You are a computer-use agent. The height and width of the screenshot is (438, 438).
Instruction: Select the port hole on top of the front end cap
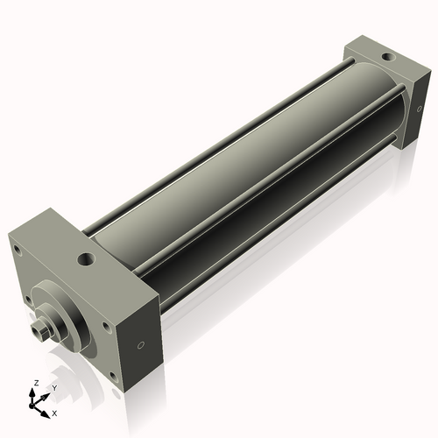[87, 260]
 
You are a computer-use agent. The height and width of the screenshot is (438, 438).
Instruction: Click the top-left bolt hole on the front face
[17, 248]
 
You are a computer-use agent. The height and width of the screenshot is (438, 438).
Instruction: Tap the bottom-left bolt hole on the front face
[30, 300]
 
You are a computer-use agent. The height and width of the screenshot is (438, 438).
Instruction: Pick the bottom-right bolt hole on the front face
[107, 327]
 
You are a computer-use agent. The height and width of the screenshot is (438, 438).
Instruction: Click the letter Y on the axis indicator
[54, 386]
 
